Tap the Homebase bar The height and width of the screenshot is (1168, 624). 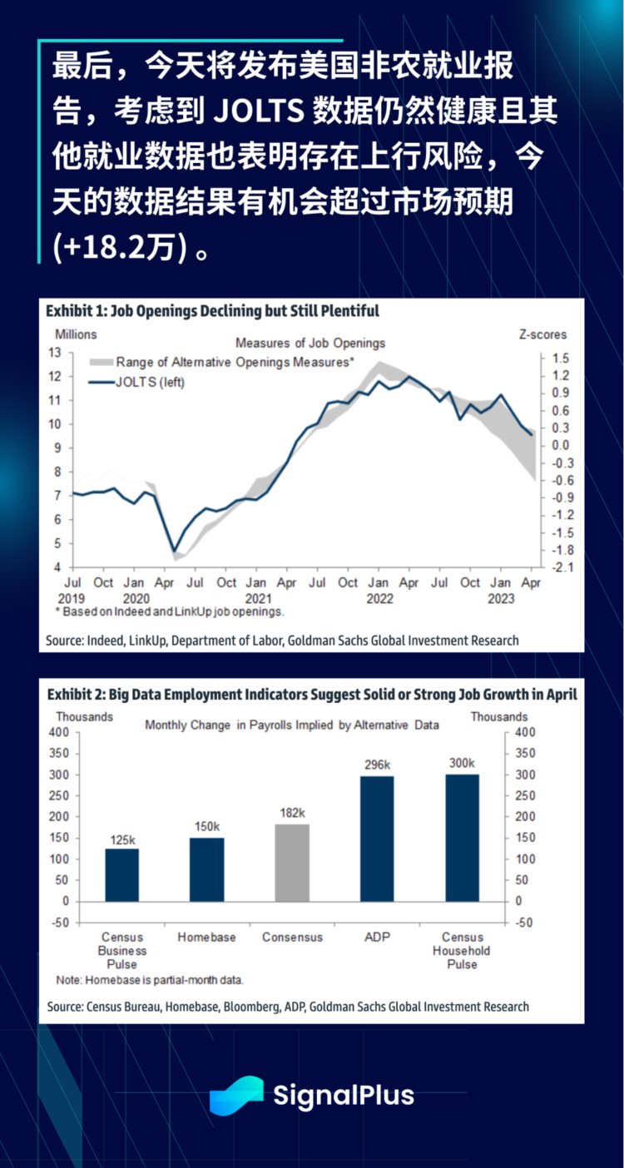click(206, 869)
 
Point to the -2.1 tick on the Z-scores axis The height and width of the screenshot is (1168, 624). click(555, 567)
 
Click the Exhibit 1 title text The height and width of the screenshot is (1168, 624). click(212, 311)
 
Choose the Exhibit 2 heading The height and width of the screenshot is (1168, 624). click(311, 695)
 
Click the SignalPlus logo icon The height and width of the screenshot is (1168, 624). click(236, 1095)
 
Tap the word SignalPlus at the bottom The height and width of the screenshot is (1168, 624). click(344, 1096)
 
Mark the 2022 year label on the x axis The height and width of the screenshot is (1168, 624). click(379, 597)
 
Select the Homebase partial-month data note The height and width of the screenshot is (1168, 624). click(150, 980)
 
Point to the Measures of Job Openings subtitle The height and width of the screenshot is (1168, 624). click(310, 343)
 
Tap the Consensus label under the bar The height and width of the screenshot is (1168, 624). click(292, 937)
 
